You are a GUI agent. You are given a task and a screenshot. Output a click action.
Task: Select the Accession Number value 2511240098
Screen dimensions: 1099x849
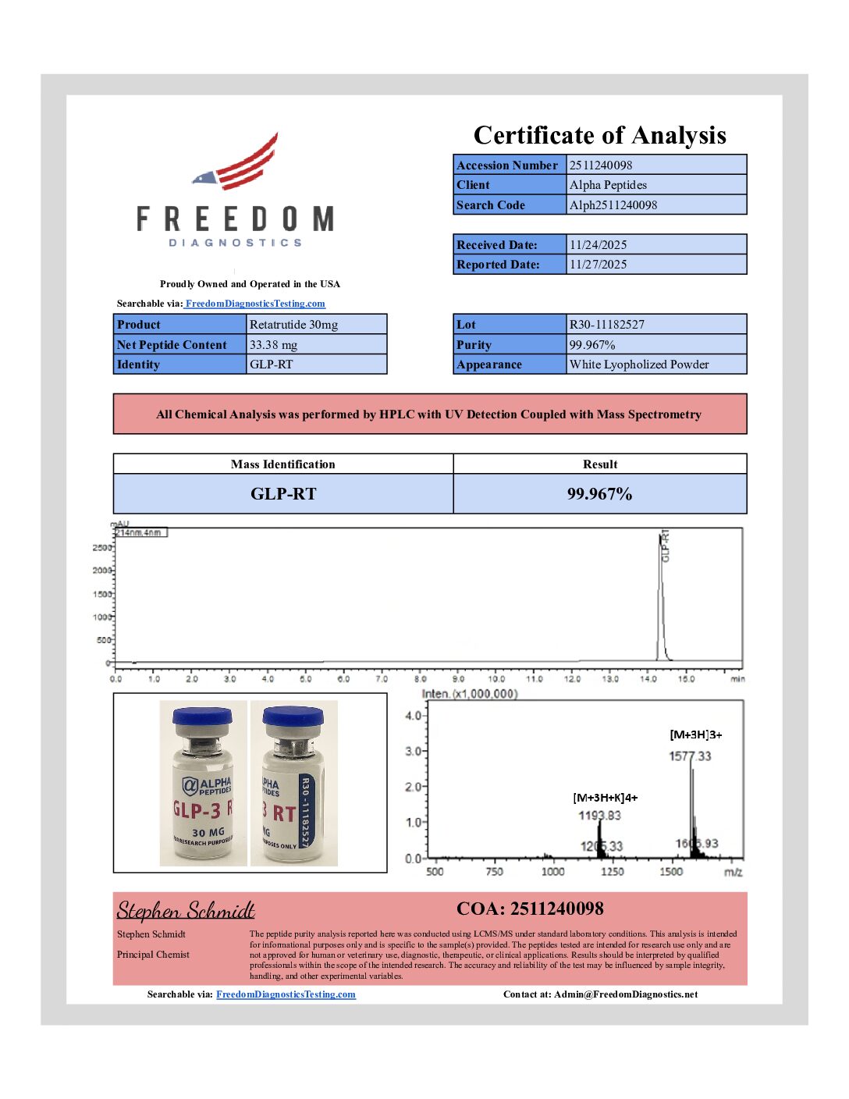(x=601, y=165)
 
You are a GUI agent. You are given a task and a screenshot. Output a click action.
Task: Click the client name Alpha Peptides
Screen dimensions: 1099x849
(x=608, y=185)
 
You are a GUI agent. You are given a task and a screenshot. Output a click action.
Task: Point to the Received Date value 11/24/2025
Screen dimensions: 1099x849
(x=598, y=244)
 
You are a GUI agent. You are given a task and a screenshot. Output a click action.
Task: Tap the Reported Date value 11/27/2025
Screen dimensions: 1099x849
(x=598, y=265)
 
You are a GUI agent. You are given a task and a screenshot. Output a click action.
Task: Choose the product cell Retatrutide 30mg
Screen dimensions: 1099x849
(x=293, y=325)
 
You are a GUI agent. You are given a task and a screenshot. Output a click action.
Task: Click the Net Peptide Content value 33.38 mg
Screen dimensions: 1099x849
(x=273, y=345)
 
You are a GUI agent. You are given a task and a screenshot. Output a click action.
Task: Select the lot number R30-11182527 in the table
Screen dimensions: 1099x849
(x=606, y=325)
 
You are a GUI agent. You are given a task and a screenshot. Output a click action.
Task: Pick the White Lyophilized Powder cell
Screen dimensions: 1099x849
(x=638, y=365)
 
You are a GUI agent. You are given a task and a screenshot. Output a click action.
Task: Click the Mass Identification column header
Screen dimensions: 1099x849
(x=282, y=464)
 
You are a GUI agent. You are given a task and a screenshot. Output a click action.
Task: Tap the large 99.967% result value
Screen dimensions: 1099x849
(x=599, y=494)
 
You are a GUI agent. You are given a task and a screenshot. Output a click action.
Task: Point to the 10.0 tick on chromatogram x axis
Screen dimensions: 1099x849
(x=496, y=679)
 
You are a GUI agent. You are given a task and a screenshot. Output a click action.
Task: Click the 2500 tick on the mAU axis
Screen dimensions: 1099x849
(x=102, y=548)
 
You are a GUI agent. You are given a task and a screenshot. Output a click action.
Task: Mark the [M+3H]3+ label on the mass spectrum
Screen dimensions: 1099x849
(x=695, y=734)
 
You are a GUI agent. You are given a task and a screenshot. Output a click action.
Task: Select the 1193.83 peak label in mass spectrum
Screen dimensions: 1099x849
(x=599, y=816)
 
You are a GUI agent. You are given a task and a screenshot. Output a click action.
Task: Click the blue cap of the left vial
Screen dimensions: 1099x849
(x=202, y=716)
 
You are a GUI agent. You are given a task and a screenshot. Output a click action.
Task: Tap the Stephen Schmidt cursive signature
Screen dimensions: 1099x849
(x=186, y=911)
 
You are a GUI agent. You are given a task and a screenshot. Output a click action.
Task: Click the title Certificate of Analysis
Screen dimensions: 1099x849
(x=599, y=135)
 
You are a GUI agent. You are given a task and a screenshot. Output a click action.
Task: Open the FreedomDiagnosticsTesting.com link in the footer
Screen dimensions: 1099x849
(x=286, y=994)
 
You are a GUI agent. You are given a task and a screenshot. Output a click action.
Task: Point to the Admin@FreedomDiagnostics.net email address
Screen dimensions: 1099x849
(x=626, y=994)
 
